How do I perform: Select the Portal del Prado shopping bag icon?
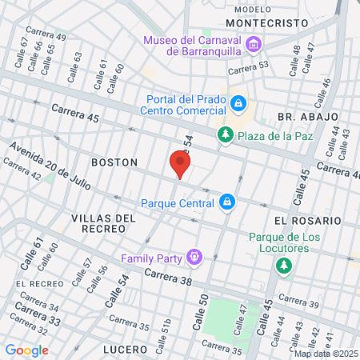238,104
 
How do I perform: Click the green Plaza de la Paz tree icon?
226,134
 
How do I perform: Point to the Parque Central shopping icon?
227,202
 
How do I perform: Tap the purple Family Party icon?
193,258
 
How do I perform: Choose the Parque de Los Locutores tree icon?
283,266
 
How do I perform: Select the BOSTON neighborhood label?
114,162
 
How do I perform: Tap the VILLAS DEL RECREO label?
99,222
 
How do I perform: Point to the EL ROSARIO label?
307,220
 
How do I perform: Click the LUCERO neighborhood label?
125,350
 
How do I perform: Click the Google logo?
26,350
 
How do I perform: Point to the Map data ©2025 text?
326,354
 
